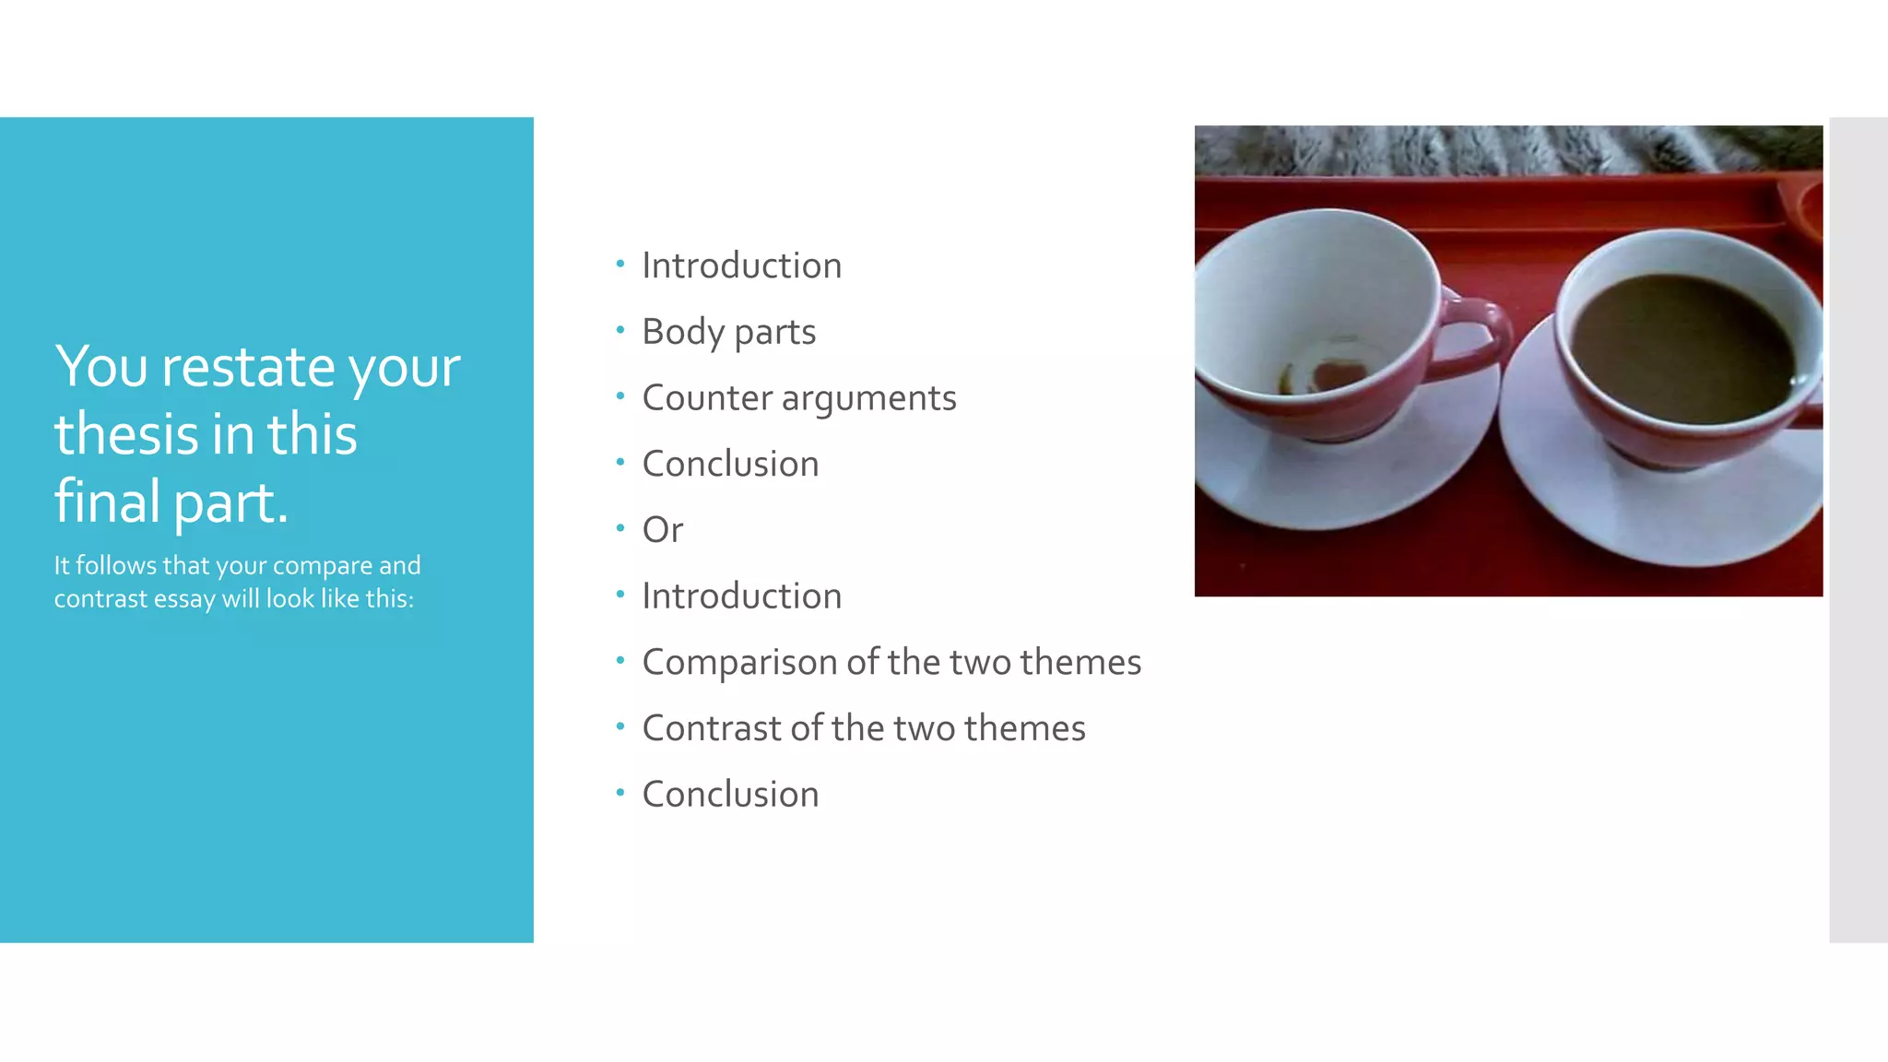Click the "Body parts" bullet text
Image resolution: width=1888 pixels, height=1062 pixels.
tap(728, 332)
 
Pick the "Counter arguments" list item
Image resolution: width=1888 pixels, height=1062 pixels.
tap(798, 398)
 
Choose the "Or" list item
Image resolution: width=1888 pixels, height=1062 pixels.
tap(662, 530)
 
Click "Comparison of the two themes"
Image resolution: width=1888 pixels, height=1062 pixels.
tap(891, 662)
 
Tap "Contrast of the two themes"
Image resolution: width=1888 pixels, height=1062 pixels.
tap(863, 728)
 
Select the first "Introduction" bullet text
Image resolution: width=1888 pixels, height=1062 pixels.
tap(741, 265)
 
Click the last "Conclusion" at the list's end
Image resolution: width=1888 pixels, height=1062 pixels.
tap(730, 795)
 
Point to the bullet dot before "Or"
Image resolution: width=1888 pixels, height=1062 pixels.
tap(620, 527)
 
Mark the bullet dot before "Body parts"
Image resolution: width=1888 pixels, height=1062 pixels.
tap(620, 329)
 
